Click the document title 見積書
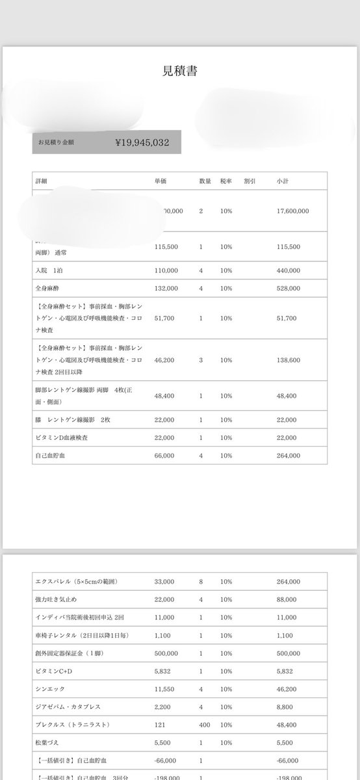(x=180, y=71)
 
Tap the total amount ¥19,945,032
(x=142, y=141)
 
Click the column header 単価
(x=161, y=180)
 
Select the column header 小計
(x=283, y=180)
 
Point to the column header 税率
(x=225, y=180)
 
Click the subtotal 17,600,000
(x=292, y=211)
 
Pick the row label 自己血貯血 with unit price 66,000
(x=51, y=456)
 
